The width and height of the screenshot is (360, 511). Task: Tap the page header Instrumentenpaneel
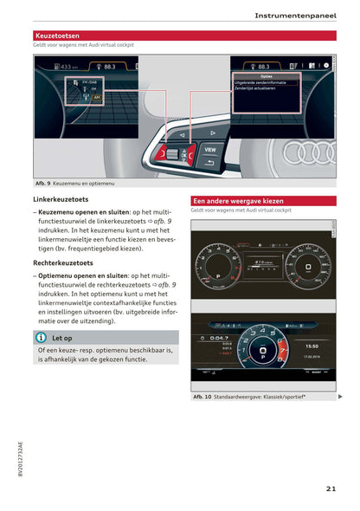[x=296, y=16]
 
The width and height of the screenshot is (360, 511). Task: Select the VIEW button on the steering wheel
[x=209, y=149]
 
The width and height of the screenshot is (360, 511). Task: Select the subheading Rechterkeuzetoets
[x=63, y=262]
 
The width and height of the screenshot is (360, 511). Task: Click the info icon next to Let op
[x=41, y=338]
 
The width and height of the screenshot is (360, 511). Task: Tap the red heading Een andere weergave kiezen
[x=238, y=200]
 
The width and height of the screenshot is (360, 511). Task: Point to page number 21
[x=331, y=489]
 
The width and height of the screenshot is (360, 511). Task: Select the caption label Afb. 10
[x=202, y=397]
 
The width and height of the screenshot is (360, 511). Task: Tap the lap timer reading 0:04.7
[x=219, y=338]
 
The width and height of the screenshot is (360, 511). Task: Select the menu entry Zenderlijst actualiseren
[x=258, y=88]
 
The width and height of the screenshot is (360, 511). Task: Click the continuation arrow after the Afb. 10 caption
[x=340, y=397]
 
